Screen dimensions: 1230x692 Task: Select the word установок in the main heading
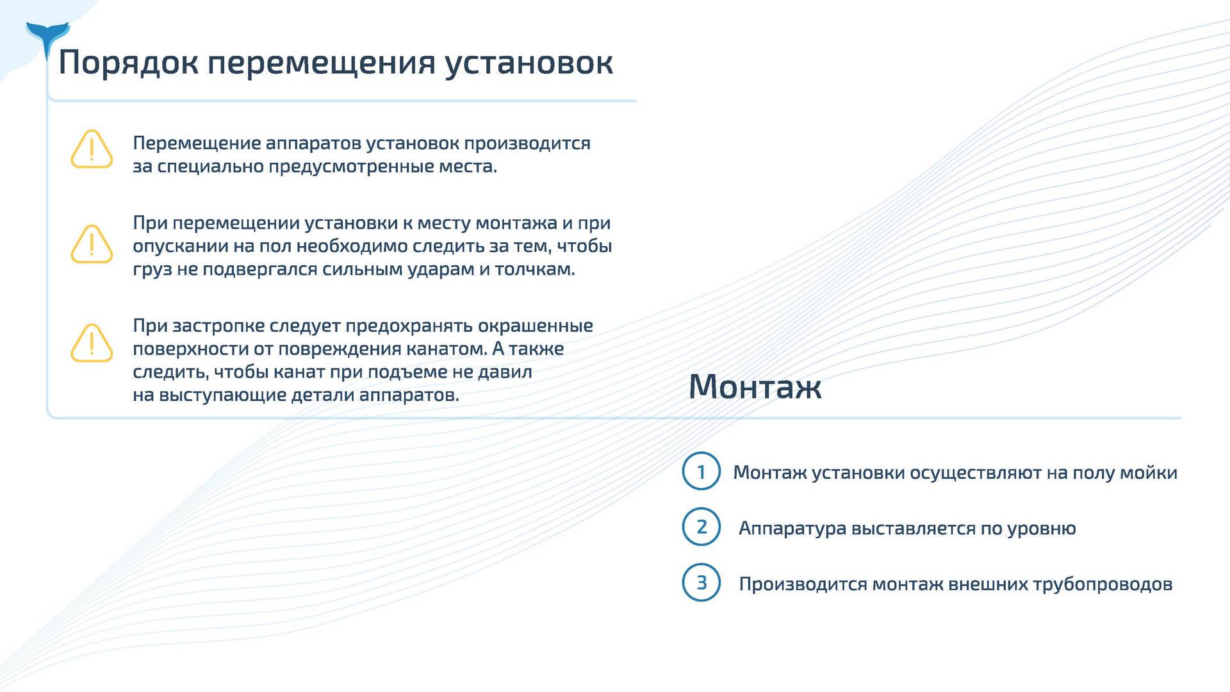529,63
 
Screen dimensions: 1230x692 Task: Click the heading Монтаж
755,386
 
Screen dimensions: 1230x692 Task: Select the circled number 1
701,471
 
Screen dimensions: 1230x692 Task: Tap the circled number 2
701,527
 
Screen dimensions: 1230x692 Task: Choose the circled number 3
701,582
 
